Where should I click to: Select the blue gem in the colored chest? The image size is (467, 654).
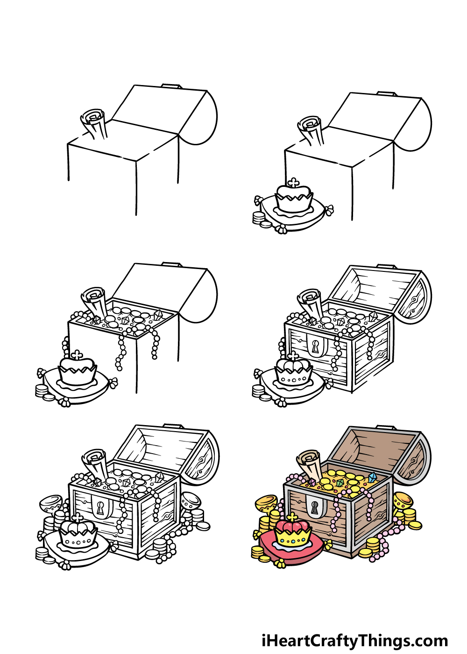pos(372,477)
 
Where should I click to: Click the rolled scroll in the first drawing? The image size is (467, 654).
pos(95,123)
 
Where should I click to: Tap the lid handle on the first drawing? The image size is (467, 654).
pos(171,86)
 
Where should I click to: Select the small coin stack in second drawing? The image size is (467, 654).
pos(258,218)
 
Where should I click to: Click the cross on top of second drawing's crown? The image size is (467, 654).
pos(293,182)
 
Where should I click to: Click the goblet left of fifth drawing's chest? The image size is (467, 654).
pos(51,505)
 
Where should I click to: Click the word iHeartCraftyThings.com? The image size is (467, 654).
pos(355,640)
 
